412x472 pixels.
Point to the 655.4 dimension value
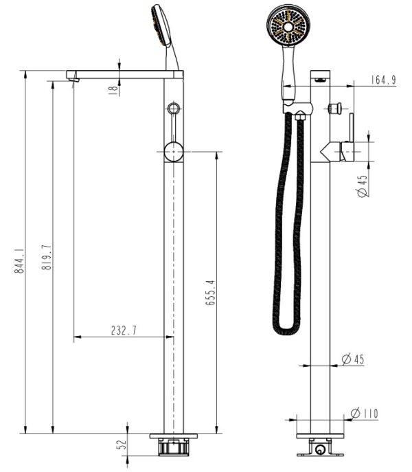[x=211, y=293]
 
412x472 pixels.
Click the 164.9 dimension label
[x=383, y=80]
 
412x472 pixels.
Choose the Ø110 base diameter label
[x=365, y=413]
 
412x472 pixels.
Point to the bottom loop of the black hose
[x=288, y=330]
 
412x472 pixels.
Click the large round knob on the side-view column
[x=174, y=151]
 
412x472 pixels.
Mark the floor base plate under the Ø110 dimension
[x=322, y=435]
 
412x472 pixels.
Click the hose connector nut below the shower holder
[x=300, y=117]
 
